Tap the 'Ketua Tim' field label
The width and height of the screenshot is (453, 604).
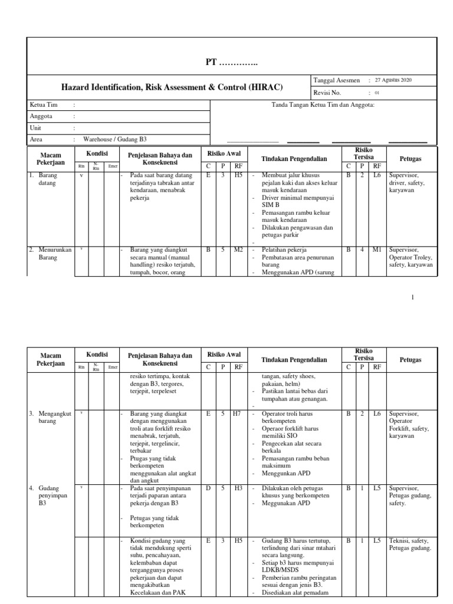tap(43, 105)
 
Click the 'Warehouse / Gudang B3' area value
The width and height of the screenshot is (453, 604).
tap(114, 140)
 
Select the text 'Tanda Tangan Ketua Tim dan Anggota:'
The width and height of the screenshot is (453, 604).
tap(323, 105)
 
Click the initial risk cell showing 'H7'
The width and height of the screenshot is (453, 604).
tap(238, 414)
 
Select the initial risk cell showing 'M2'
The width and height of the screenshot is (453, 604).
tap(238, 250)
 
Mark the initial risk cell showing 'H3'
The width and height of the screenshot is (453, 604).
tap(238, 488)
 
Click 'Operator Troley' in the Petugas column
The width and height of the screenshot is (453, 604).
tap(411, 257)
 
